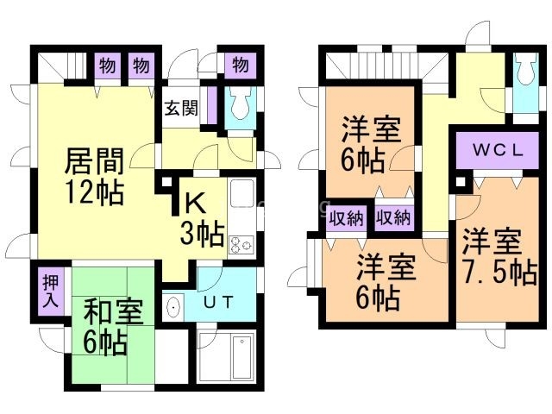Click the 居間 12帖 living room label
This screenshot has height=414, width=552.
click(95, 174)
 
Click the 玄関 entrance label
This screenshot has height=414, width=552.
click(181, 110)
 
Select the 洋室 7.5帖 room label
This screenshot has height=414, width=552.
click(498, 258)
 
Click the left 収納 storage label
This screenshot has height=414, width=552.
click(347, 218)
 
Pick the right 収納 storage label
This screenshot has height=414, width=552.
click(393, 218)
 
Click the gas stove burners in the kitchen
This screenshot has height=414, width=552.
click(240, 245)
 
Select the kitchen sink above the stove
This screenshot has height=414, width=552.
click(241, 194)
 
